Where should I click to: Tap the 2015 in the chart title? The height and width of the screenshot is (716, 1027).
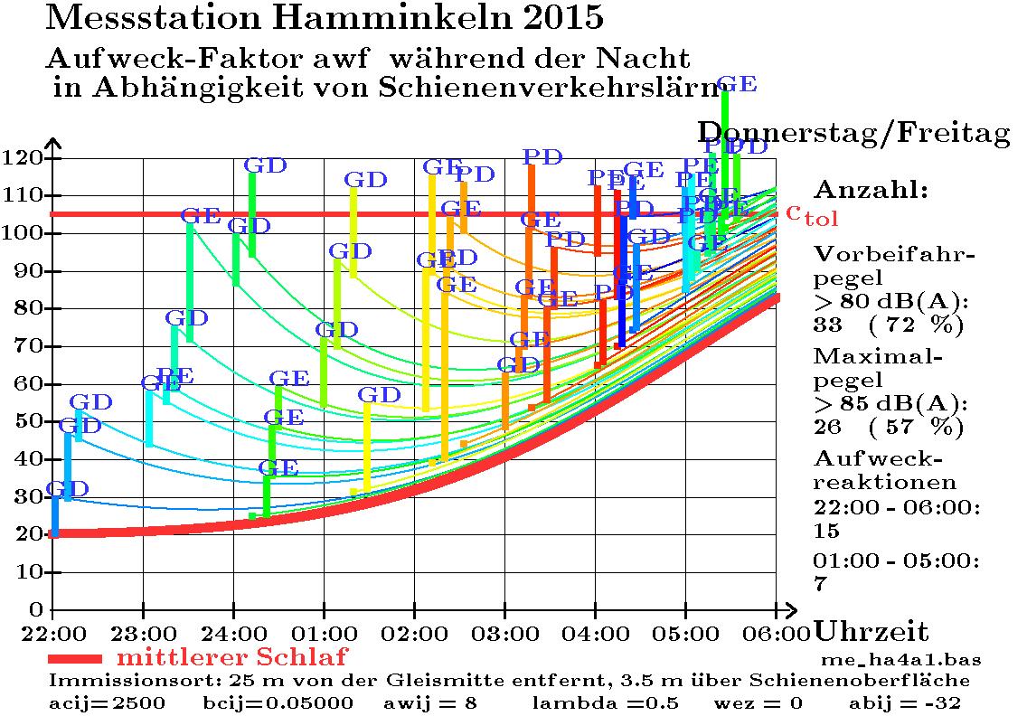555,16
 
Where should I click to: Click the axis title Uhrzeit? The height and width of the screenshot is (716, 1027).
872,631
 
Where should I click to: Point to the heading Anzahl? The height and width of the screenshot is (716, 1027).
871,190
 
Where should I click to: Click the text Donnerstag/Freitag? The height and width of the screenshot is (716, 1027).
853,134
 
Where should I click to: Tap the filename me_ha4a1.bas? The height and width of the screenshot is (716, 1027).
900,659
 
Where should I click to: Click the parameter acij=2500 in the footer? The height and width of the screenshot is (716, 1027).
107,702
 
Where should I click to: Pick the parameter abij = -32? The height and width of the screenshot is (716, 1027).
905,702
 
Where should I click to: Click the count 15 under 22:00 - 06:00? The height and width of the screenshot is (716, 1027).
826,530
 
